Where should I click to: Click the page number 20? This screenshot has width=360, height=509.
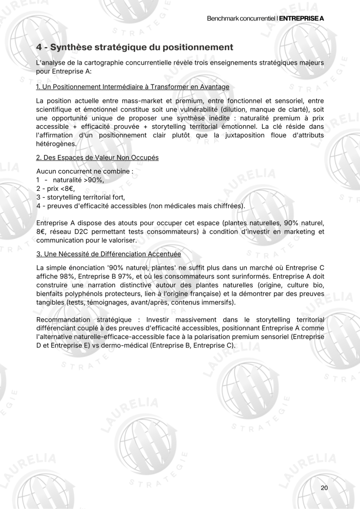click(324, 488)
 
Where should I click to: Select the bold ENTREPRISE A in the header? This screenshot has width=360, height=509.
click(302, 18)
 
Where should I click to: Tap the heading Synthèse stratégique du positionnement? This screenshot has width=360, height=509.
click(135, 48)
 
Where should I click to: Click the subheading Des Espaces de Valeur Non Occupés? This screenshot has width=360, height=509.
click(97, 158)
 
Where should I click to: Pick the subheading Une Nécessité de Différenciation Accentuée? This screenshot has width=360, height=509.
click(109, 254)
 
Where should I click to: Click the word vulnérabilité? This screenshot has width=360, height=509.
click(231, 110)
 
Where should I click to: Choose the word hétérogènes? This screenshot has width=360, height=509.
click(56, 144)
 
